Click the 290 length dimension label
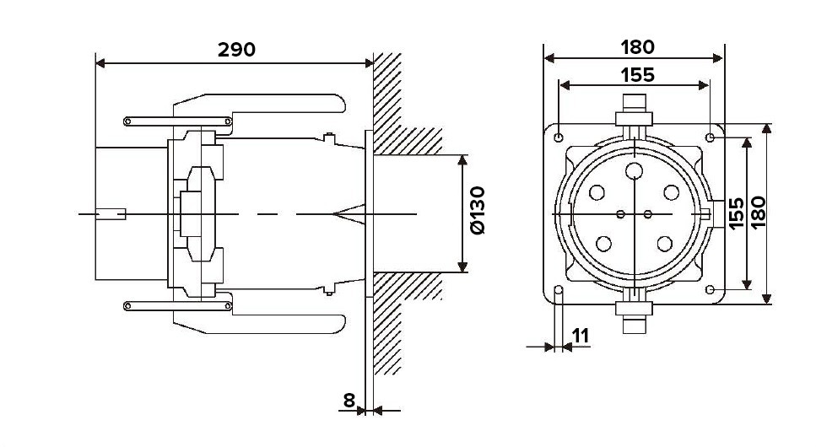(236, 50)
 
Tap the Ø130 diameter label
(478, 210)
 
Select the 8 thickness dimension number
(349, 400)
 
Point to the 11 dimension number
(581, 337)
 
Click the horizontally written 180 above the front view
(637, 47)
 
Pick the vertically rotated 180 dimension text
(759, 212)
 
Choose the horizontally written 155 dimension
(637, 75)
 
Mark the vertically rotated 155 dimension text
(737, 213)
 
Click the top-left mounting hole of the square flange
(559, 138)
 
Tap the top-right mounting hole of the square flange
(710, 137)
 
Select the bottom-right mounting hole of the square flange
(710, 289)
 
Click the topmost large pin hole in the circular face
(634, 170)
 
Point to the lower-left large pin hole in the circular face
(603, 244)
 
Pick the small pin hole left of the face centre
(620, 214)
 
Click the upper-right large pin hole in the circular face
(672, 192)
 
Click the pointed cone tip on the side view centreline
(333, 214)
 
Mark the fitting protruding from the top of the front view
(634, 110)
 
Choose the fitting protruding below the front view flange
(634, 317)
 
